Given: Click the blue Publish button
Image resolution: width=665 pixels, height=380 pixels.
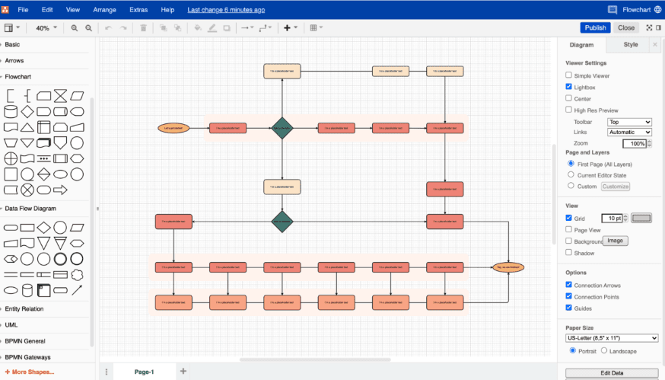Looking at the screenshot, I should coord(595,27).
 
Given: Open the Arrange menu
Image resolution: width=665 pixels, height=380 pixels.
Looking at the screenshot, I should coord(105,10).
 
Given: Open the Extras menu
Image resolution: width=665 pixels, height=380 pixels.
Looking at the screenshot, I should coord(138,10).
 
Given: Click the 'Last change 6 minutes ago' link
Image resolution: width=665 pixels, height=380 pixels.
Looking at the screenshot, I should coord(226,10).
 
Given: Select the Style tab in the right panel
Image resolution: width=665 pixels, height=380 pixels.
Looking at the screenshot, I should coord(631,45).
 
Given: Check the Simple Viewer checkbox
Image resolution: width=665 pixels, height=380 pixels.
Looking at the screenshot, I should coord(569,75).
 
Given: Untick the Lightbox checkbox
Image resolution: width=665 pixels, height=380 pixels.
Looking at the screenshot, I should coord(569,87).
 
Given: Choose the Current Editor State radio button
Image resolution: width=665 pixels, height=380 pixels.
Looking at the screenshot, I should coord(571,175).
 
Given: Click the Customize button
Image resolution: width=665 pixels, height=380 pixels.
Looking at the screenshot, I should coord(616,186).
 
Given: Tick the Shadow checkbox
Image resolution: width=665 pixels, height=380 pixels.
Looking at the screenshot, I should coord(569,253).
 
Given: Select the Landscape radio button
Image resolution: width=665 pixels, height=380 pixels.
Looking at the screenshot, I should coord(604,350).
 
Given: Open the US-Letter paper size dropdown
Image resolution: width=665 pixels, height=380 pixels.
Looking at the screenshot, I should coord(612,338).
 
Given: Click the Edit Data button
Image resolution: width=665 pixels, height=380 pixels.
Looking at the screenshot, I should coord(612,372).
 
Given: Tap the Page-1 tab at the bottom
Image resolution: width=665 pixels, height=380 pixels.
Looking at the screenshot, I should coord(144,372).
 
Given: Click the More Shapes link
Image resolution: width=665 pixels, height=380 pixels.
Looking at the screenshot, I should coord(30,372).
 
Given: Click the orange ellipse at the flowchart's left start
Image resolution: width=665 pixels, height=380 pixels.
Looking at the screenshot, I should coord(171,128).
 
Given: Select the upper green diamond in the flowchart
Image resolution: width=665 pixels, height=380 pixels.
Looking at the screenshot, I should coord(282,128).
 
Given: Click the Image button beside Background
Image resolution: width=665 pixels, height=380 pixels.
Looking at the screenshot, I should coord(616,241).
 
